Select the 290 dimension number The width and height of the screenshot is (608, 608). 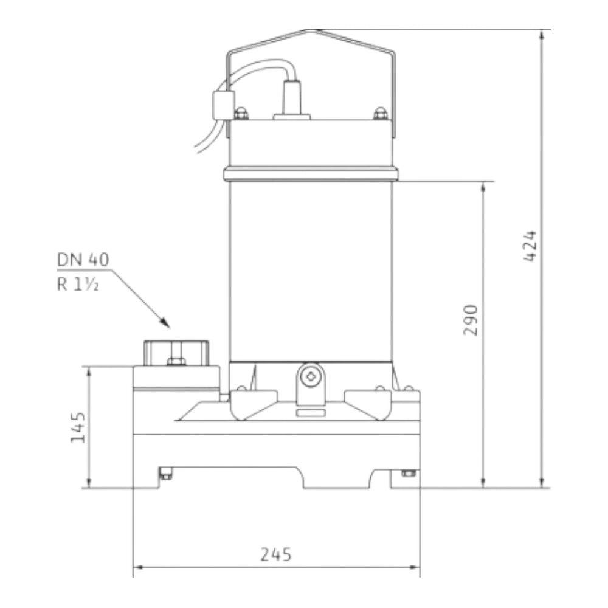[471, 320]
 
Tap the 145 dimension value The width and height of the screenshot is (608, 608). [78, 427]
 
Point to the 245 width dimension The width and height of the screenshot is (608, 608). [275, 554]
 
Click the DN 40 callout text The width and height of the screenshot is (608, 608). [83, 260]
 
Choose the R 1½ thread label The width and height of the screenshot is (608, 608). [78, 285]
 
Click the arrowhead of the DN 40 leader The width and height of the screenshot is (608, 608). [165, 323]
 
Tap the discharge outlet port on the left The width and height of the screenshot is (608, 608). [176, 353]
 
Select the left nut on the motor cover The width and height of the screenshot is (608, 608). [241, 113]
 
